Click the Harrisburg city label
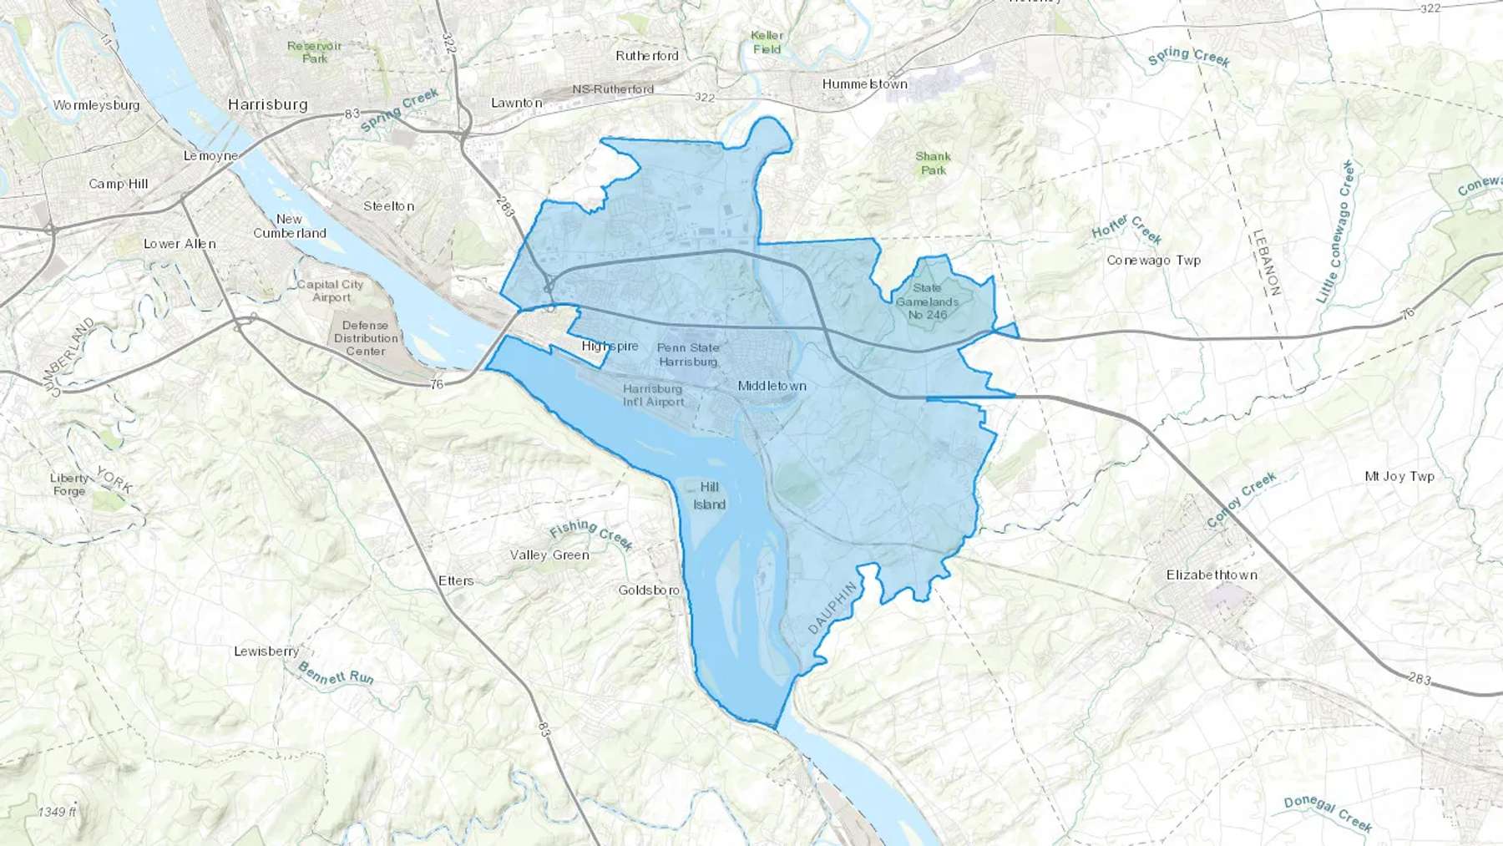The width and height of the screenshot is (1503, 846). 267,104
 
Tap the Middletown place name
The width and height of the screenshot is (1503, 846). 772,386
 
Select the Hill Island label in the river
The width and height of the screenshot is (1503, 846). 709,495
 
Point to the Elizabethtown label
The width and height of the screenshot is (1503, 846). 1212,575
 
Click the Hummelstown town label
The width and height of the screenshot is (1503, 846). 864,84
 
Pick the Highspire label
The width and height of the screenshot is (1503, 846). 610,346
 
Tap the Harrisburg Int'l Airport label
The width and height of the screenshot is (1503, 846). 653,395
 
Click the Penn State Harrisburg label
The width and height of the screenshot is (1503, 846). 688,354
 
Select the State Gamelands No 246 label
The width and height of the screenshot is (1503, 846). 927,301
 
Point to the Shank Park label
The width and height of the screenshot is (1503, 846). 933,163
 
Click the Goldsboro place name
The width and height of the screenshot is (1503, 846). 649,590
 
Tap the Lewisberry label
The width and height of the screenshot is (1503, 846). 266,651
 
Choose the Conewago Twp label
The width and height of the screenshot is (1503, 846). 1153,260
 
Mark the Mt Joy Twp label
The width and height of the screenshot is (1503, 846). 1399,476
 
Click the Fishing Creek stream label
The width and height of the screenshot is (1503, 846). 591,534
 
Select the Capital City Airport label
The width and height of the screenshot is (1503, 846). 331,291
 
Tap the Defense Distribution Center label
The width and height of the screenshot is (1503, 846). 366,338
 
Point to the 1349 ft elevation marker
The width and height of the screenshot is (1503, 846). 57,812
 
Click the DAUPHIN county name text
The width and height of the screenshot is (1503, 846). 832,607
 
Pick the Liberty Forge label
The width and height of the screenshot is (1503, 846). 69,484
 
